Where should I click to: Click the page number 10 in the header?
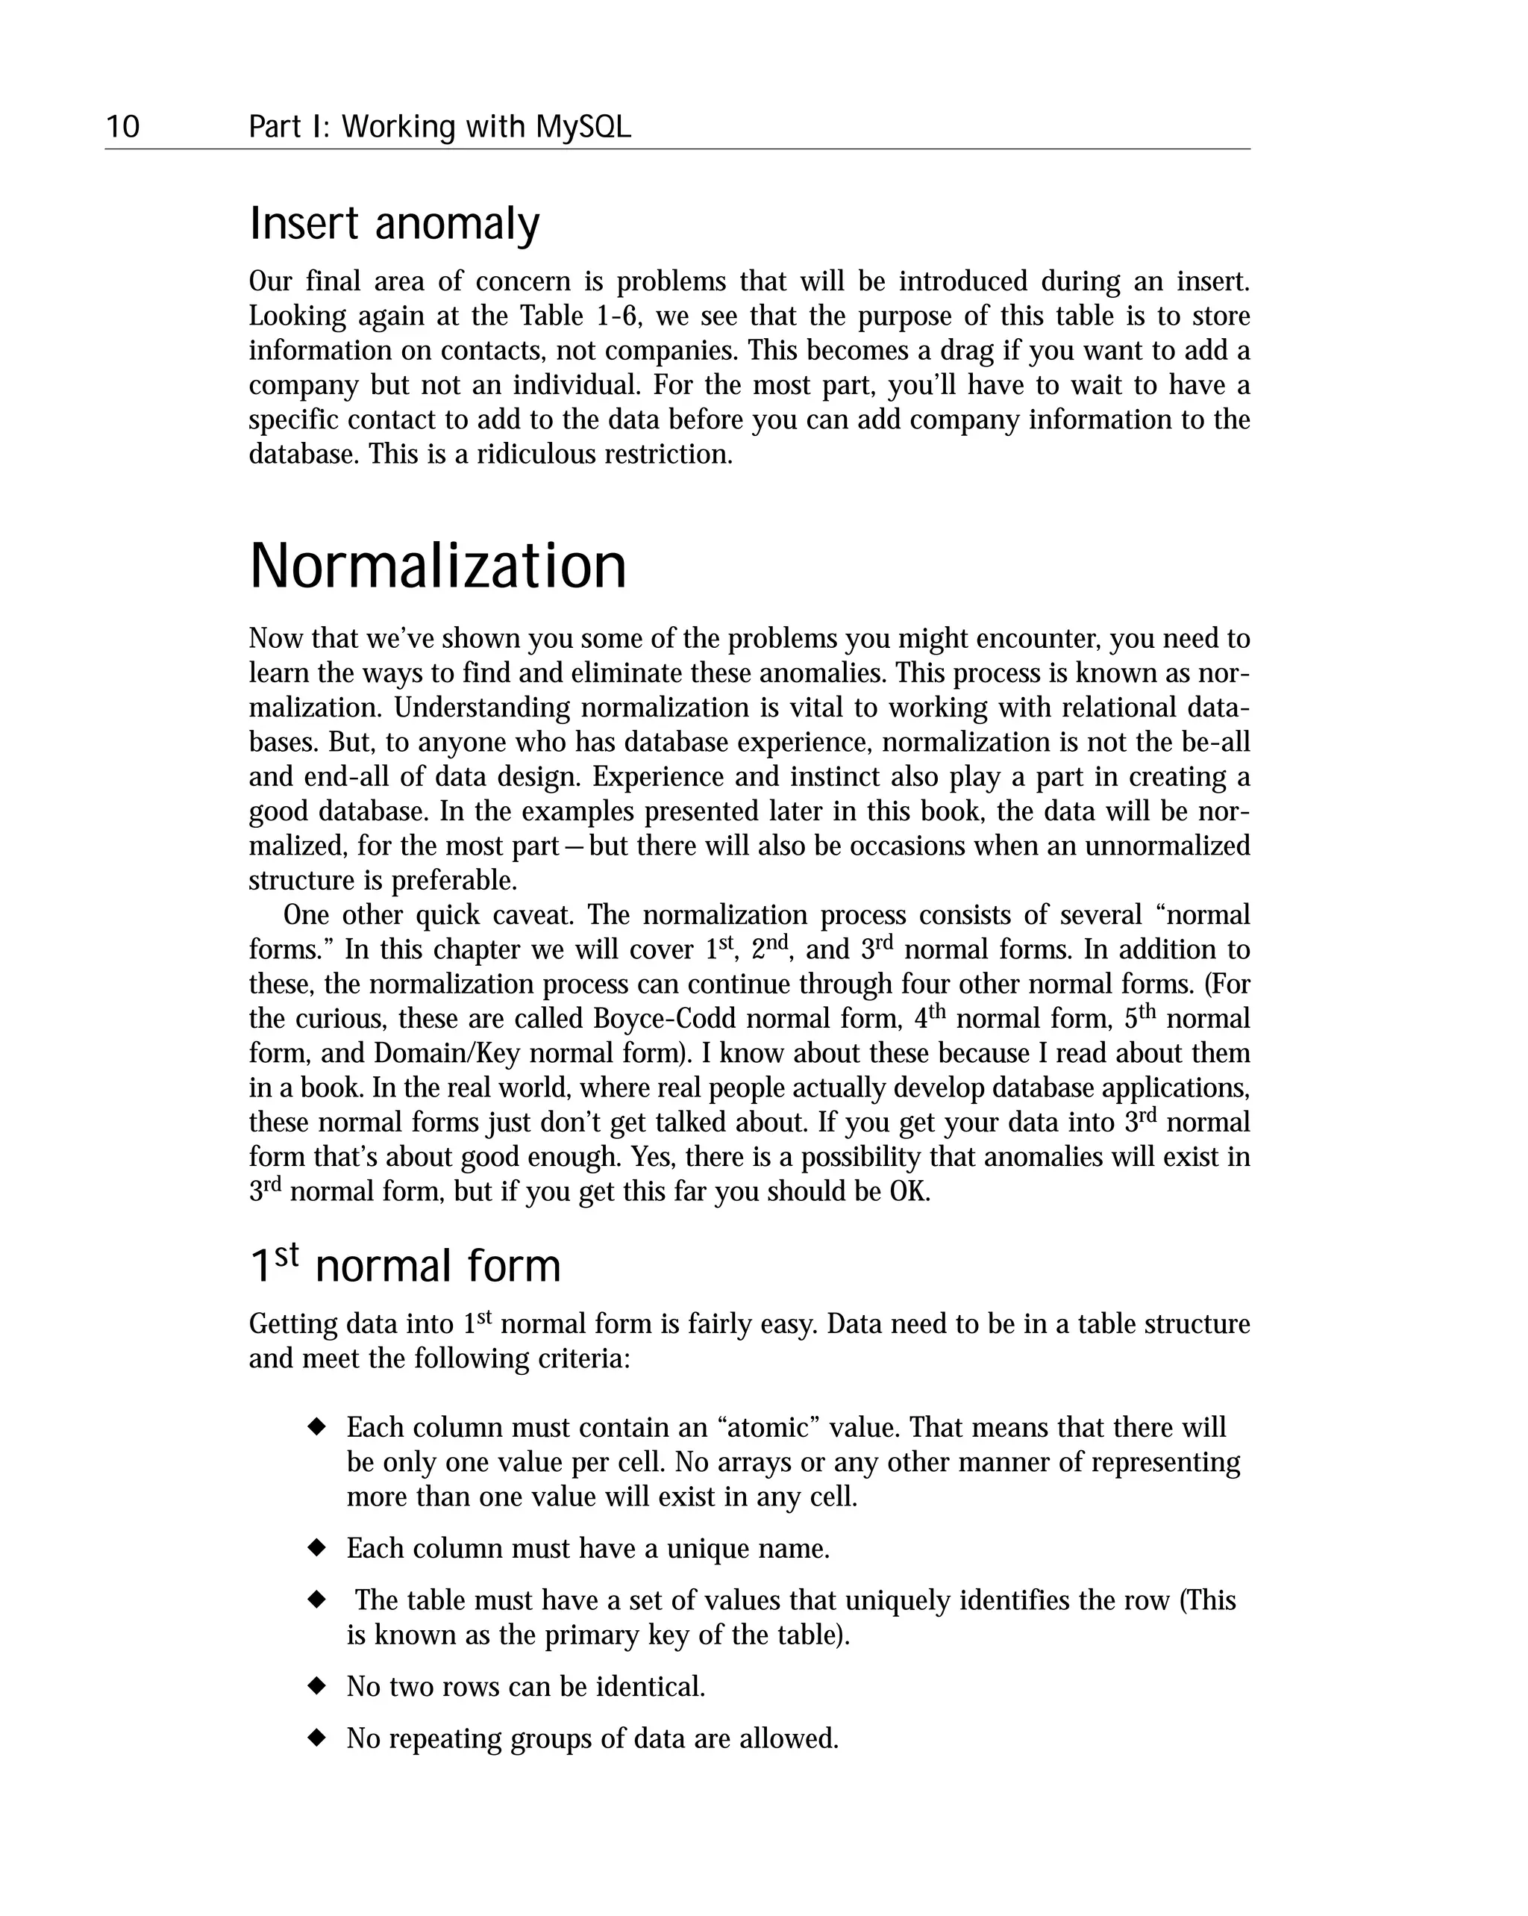pos(122,127)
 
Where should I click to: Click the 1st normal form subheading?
pos(404,1265)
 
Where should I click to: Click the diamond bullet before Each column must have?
pos(316,1547)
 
